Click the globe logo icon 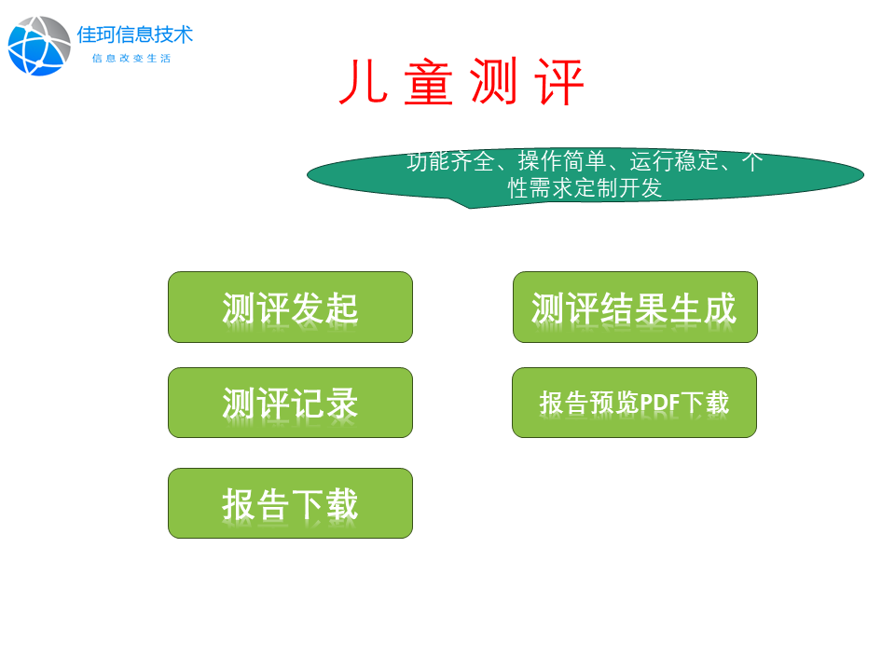(x=39, y=47)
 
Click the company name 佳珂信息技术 (x=134, y=34)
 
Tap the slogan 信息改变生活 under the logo (x=131, y=58)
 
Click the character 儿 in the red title (x=364, y=82)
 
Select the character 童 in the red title (x=429, y=82)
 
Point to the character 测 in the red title (x=494, y=82)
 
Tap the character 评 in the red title (x=559, y=82)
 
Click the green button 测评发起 (x=290, y=307)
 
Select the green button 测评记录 (x=290, y=403)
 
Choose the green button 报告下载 (x=290, y=503)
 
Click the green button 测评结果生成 (x=635, y=307)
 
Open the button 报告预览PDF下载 (x=634, y=403)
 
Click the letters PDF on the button (x=660, y=403)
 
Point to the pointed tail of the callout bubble (x=469, y=208)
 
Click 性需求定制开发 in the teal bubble (x=585, y=187)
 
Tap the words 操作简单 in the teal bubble (x=561, y=161)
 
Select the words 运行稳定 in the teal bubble (x=673, y=161)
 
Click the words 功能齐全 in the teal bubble (x=450, y=161)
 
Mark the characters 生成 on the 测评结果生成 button (x=703, y=308)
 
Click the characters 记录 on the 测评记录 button (x=324, y=404)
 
